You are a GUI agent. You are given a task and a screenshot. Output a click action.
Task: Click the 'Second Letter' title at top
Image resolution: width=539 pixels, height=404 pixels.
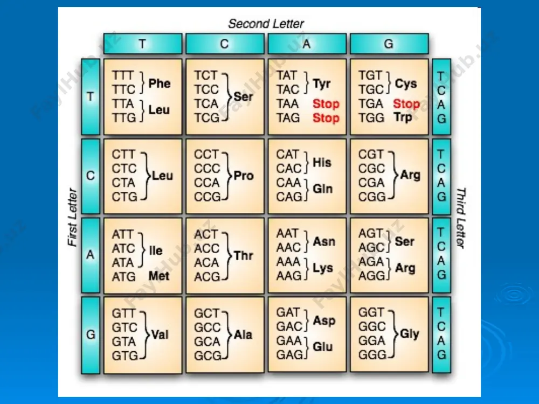coord(266,24)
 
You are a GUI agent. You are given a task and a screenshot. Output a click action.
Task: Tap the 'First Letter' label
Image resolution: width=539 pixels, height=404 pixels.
coord(73,217)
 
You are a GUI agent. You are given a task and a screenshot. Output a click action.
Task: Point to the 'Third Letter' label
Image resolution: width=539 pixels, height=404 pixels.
coord(461,218)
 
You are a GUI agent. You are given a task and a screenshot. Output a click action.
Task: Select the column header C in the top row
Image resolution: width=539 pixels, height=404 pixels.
coord(225,44)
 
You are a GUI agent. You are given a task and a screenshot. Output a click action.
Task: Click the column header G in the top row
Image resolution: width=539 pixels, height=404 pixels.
coord(389,44)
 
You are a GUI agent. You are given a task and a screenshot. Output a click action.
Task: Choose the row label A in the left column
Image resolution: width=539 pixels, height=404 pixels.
coord(91,255)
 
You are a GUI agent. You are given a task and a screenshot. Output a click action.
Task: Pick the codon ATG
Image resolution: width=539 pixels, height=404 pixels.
coord(124,276)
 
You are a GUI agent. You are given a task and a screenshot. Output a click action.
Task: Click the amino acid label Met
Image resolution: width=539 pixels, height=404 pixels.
coord(159,276)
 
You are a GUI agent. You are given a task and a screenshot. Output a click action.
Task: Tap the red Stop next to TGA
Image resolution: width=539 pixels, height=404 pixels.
coord(406,103)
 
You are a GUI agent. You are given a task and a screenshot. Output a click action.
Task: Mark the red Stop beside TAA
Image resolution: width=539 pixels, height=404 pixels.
coord(326,103)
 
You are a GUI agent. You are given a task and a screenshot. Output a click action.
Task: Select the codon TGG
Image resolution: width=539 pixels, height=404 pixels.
coord(371,118)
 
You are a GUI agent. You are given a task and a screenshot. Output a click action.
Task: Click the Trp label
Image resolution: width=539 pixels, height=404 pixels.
coord(403,117)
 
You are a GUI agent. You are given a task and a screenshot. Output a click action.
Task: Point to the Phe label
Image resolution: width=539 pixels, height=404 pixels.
coord(159,83)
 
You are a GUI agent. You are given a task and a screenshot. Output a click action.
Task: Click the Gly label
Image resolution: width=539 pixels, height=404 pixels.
coord(410,333)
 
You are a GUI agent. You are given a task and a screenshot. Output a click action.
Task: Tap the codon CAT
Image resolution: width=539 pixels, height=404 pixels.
coord(288,154)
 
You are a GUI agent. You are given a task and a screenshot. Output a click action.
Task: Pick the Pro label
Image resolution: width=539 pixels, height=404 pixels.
coord(244,176)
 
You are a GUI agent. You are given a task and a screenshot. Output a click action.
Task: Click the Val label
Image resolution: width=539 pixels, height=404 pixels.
coord(160,335)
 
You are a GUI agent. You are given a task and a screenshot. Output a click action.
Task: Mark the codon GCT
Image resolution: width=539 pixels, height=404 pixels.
coord(206,314)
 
